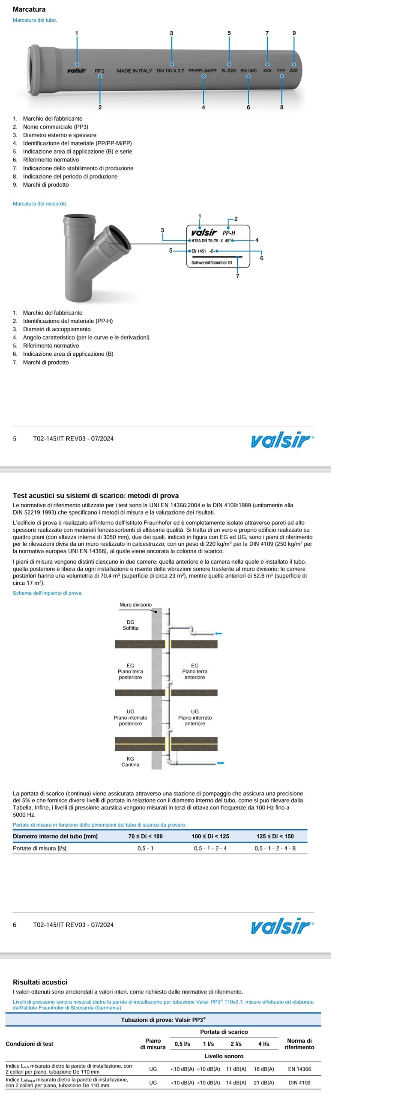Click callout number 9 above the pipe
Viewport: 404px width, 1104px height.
click(x=294, y=33)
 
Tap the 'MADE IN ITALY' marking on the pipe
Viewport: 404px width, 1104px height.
click(x=134, y=71)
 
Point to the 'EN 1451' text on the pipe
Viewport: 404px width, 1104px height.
click(x=248, y=71)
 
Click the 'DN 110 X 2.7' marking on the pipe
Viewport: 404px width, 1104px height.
click(x=170, y=71)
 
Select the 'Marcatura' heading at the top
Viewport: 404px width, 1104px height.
click(x=29, y=9)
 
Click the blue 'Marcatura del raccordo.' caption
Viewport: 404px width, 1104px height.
click(x=40, y=204)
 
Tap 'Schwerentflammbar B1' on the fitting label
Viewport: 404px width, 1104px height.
click(x=212, y=263)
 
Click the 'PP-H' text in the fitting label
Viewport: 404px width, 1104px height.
click(x=229, y=233)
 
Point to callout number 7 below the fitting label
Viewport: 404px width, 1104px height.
click(x=238, y=277)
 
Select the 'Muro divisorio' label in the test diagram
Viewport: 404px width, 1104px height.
click(x=135, y=605)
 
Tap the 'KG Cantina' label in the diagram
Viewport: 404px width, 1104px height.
click(x=130, y=762)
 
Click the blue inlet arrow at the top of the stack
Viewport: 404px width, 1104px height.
click(x=219, y=634)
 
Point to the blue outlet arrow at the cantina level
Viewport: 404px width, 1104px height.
click(x=221, y=763)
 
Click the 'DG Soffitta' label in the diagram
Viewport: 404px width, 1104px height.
click(x=130, y=625)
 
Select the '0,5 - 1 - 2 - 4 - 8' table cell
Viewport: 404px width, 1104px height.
click(x=275, y=848)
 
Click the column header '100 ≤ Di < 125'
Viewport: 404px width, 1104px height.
click(x=210, y=836)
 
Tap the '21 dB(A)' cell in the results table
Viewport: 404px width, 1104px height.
click(x=264, y=1083)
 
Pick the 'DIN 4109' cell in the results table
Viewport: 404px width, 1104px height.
click(x=299, y=1083)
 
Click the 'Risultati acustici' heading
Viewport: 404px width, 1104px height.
click(x=40, y=982)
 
